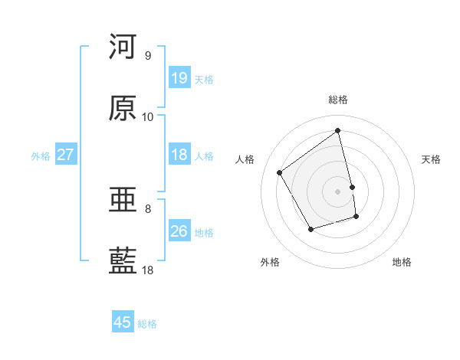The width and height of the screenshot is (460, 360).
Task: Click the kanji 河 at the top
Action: [x=123, y=47]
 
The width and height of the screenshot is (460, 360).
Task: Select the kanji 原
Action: [x=123, y=108]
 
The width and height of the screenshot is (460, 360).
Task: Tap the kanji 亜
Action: [x=123, y=201]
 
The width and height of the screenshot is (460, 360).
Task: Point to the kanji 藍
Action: [x=123, y=261]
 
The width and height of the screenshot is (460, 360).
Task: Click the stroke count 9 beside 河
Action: [x=147, y=56]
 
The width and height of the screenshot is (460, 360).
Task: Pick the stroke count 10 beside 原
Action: [x=147, y=117]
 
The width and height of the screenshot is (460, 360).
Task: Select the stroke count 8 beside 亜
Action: [x=147, y=208]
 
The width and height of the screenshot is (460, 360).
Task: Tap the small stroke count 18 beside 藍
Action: [x=147, y=270]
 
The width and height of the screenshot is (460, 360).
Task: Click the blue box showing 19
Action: [x=179, y=78]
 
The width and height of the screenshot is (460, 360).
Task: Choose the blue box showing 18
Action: [x=179, y=155]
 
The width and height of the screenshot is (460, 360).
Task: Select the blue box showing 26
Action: [x=179, y=231]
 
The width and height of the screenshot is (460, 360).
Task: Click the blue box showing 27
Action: [x=66, y=155]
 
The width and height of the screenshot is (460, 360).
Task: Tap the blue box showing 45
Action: [x=123, y=322]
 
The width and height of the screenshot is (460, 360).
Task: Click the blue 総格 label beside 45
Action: [x=147, y=324]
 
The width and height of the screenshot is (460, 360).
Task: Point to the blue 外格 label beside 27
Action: [x=41, y=156]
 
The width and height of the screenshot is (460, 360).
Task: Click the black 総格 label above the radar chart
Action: [x=338, y=100]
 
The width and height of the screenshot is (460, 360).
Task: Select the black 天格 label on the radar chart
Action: [x=432, y=159]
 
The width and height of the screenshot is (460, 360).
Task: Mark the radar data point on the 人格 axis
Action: [x=280, y=172]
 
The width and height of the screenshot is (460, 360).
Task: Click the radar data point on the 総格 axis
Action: [x=338, y=130]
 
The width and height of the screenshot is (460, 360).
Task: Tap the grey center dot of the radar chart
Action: [x=338, y=191]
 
